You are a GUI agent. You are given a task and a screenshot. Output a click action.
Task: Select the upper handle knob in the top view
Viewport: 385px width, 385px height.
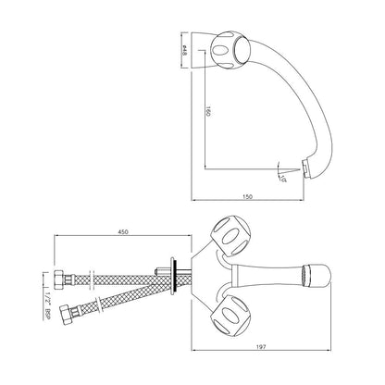pos(230,238)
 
